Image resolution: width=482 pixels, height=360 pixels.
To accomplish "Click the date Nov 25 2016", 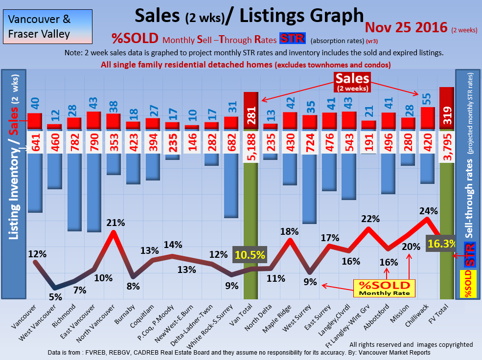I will [406, 27].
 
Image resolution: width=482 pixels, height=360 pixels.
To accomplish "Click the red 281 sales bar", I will [251, 111].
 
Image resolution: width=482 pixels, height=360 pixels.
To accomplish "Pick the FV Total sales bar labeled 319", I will [447, 109].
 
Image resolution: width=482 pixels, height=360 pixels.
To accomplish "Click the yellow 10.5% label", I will [250, 254].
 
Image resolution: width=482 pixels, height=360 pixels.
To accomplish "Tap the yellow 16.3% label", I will [441, 244].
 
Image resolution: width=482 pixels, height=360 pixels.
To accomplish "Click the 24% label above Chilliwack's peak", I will [428, 211].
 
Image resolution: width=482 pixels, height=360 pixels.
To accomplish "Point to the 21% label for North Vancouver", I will [115, 223].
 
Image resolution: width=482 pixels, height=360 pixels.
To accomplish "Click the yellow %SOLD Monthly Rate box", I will [384, 289].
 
